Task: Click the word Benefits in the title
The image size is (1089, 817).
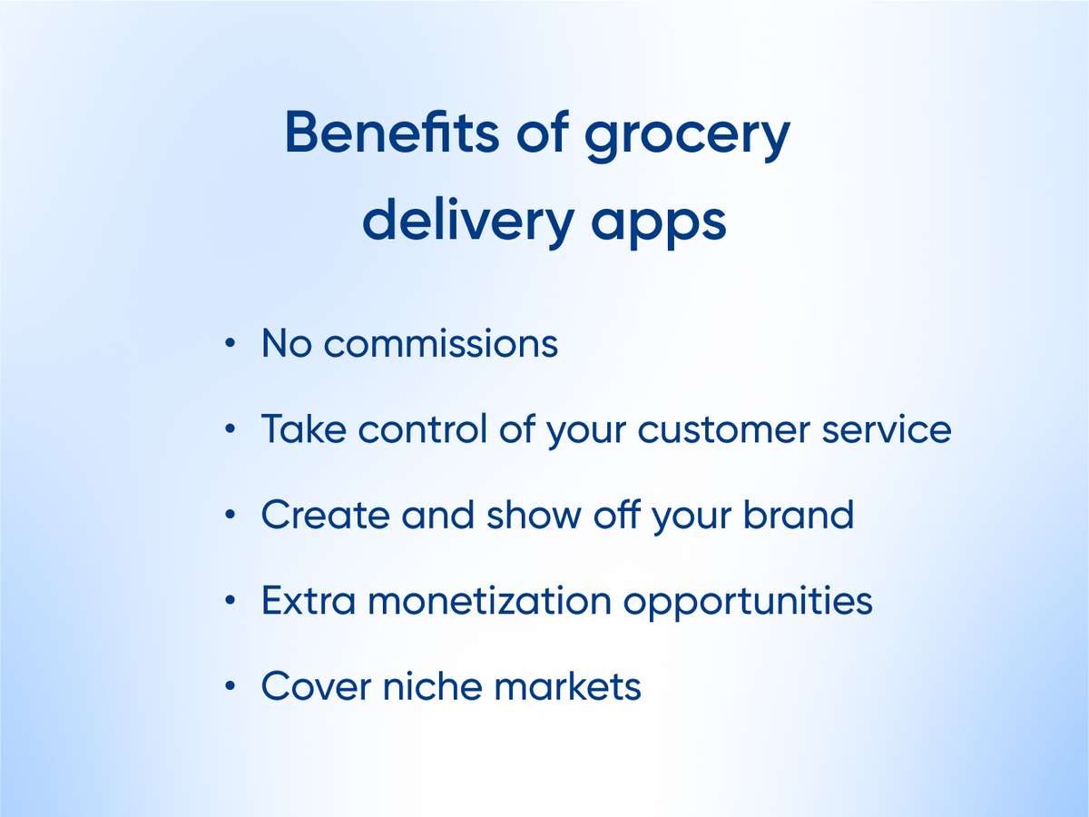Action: [392, 132]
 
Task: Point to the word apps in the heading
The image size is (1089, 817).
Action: [659, 227]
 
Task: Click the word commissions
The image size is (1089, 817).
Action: [441, 343]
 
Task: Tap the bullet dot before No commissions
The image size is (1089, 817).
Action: [230, 343]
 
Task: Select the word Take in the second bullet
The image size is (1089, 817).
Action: [304, 428]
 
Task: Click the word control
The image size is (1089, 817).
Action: [423, 428]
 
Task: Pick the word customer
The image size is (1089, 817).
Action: [723, 429]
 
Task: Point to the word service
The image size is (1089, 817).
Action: [887, 429]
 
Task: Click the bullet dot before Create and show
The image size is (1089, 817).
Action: [230, 515]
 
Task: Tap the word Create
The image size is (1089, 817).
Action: [326, 515]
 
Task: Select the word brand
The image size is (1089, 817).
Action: [799, 515]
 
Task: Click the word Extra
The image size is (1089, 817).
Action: [309, 600]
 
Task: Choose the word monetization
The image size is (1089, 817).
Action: [489, 600]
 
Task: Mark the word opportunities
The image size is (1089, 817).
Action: [748, 603]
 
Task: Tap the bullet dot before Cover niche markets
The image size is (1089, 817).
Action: [230, 686]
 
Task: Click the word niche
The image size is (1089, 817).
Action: [433, 686]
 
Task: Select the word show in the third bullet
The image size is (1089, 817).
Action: [534, 515]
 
